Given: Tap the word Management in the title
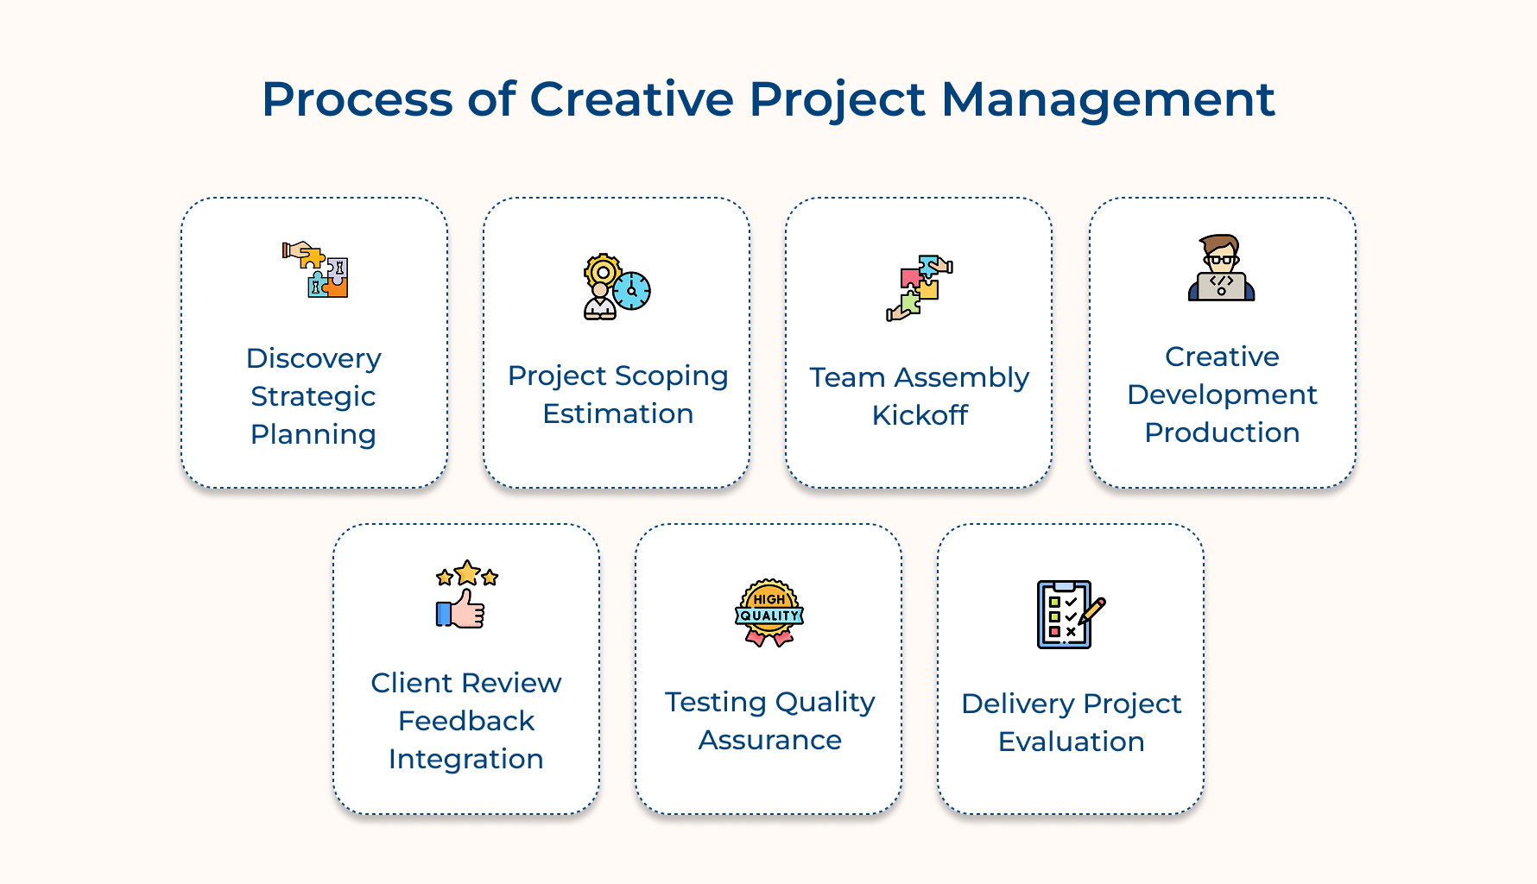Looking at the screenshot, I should tap(1107, 99).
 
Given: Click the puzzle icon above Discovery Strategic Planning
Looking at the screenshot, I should tap(315, 269).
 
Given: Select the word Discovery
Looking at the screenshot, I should tap(313, 358).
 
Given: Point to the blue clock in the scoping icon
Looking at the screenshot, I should tap(632, 291).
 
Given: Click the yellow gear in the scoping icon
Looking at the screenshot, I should tap(602, 273).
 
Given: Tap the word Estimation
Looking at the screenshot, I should tap(617, 414).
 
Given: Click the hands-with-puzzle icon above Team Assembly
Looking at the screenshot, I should tap(919, 287).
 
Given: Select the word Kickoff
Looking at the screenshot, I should tap(920, 415).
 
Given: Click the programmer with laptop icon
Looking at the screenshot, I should tap(1221, 268).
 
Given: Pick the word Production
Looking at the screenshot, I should tap(1222, 433).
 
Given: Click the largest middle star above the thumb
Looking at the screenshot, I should tap(467, 572).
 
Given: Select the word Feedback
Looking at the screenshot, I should tap(466, 721).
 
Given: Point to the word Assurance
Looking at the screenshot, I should tap(769, 740).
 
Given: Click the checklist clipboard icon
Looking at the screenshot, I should tap(1064, 615).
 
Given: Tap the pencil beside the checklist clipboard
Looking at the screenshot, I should tap(1092, 610).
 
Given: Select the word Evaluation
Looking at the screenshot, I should tap(1071, 742).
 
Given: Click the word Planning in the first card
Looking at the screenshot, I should tap(313, 434).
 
